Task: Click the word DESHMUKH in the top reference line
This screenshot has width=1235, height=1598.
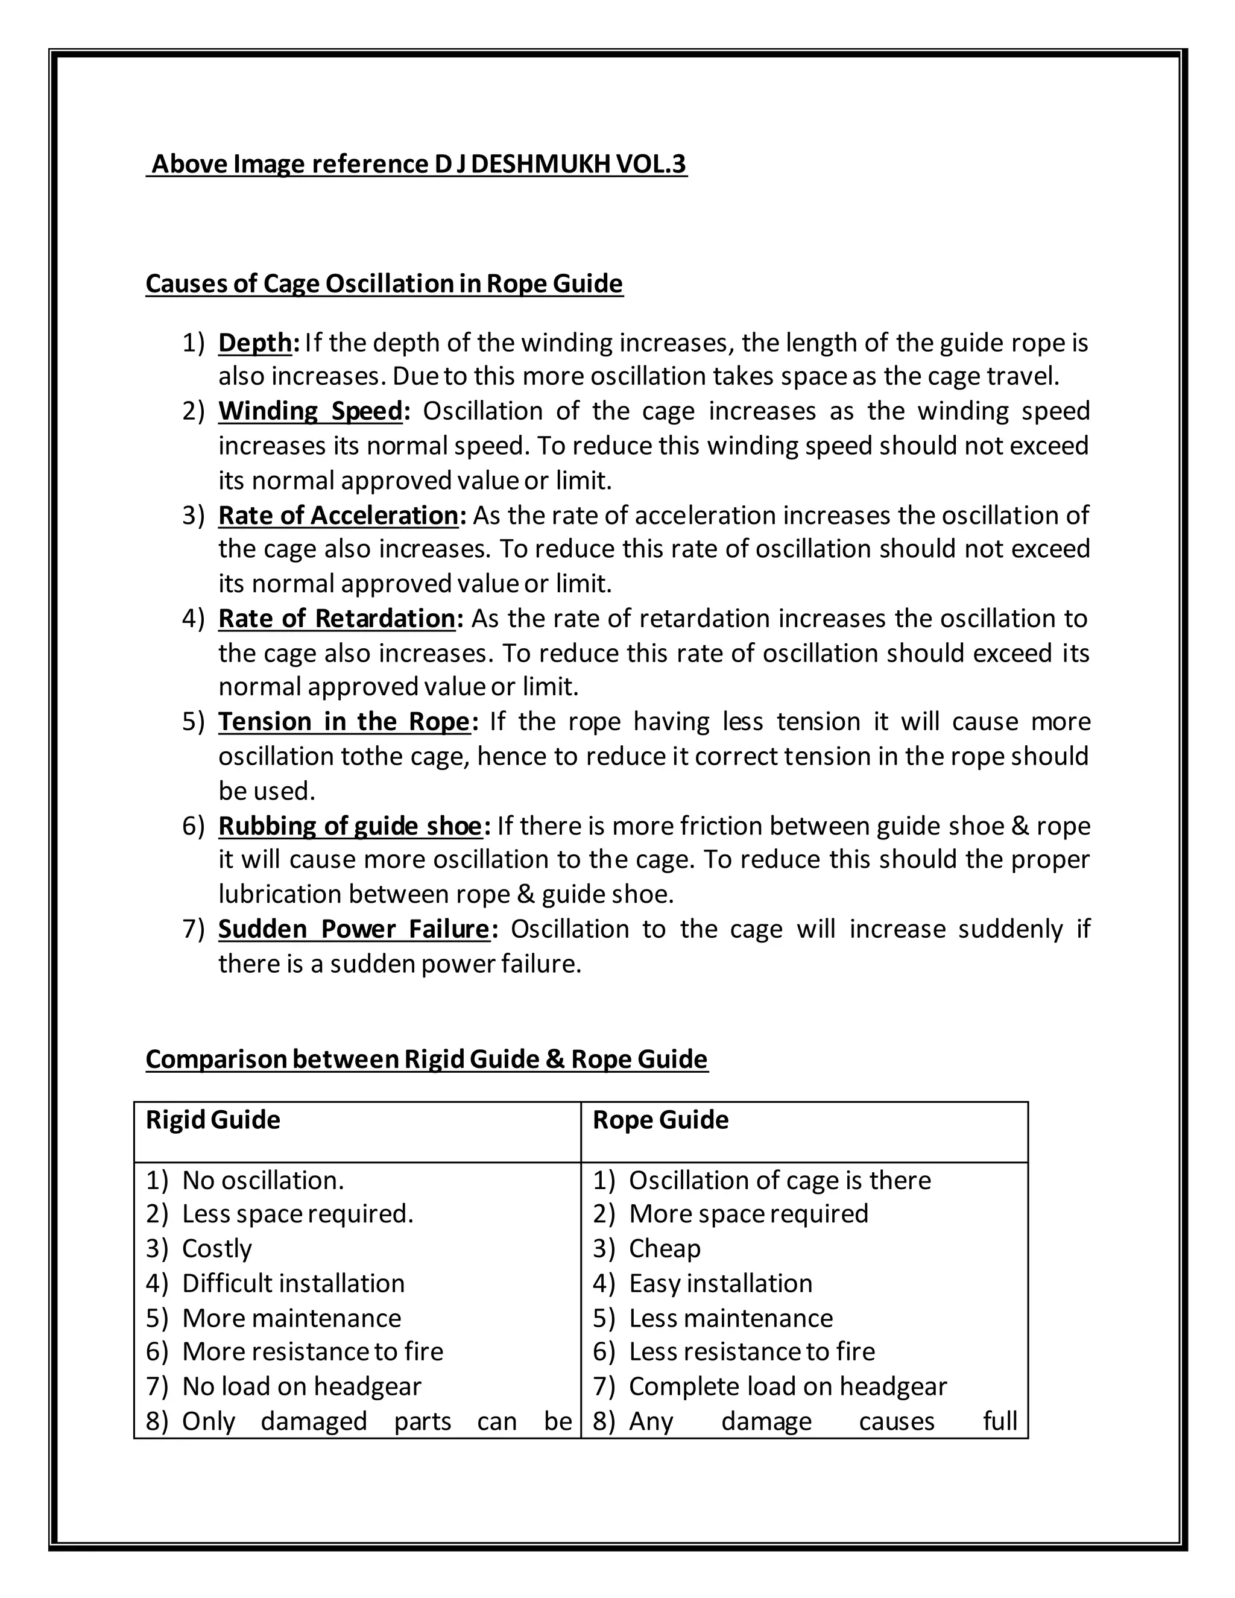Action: [x=540, y=164]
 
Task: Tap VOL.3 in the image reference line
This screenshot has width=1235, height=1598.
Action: [x=651, y=164]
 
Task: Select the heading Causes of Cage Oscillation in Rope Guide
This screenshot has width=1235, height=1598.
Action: [x=384, y=283]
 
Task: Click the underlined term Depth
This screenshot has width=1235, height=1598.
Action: [x=254, y=343]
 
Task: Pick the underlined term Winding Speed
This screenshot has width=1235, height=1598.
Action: [x=310, y=411]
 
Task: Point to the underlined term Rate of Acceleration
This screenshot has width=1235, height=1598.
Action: [x=338, y=515]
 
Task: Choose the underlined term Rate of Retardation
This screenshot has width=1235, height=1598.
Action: [x=336, y=618]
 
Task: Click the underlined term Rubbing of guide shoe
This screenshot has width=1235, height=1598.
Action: [x=350, y=826]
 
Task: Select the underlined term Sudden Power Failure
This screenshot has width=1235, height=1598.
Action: [x=353, y=929]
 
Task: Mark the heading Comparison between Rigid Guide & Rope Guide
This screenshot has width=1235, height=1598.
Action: [x=426, y=1060]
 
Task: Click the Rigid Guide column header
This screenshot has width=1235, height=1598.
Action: [x=213, y=1120]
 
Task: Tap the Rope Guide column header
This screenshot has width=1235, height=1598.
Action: [x=660, y=1120]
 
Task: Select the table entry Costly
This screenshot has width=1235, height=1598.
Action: [x=216, y=1248]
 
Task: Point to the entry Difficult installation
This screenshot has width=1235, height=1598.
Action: [x=292, y=1283]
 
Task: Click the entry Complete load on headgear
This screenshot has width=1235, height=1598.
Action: [x=787, y=1386]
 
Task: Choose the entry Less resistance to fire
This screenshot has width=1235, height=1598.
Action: [x=751, y=1351]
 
